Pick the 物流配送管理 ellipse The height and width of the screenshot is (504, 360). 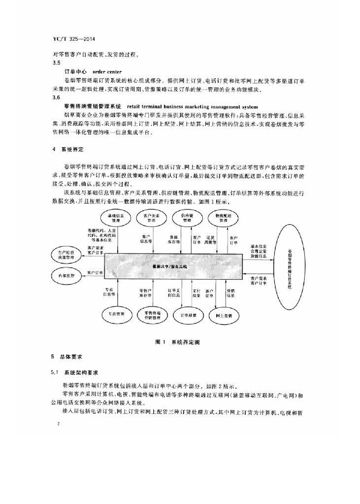click(x=220, y=217)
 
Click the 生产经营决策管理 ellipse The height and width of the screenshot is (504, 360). click(x=69, y=254)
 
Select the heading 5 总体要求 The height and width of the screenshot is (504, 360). click(x=67, y=355)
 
